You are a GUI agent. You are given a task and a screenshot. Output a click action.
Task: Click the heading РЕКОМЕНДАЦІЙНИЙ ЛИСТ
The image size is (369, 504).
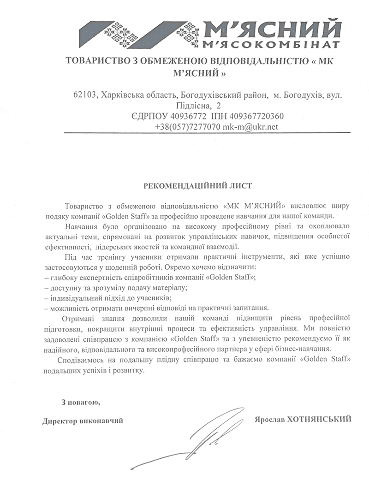click(198, 186)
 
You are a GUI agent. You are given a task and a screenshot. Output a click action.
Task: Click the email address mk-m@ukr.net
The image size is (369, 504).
click(250, 126)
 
